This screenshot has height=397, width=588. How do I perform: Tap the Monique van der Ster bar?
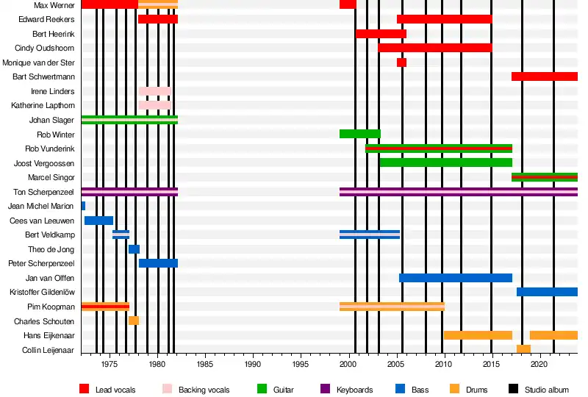coord(401,62)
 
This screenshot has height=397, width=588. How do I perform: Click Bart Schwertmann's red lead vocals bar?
coord(544,76)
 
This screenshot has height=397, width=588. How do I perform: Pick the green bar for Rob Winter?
coord(359,134)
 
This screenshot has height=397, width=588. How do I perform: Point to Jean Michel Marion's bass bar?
coord(83,206)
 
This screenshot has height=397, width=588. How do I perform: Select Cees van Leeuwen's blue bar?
coord(98,221)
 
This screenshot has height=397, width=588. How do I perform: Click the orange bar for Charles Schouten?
coord(134,321)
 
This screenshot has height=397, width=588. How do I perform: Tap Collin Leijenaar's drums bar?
coord(523,349)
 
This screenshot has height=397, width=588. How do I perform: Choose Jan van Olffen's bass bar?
coord(455,278)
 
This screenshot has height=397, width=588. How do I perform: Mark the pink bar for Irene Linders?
coord(154,91)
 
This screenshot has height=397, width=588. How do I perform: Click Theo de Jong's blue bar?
coord(134,249)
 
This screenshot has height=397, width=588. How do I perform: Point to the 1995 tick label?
coord(301,364)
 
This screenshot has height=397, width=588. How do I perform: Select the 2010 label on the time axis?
coord(444,364)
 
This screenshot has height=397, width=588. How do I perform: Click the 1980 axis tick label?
coord(157,364)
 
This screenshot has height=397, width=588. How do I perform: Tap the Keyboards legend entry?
coord(354,390)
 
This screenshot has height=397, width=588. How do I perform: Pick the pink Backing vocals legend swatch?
coord(167,389)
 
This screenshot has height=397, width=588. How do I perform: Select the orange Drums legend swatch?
coord(454,389)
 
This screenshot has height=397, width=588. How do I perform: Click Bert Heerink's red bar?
coord(381,34)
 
